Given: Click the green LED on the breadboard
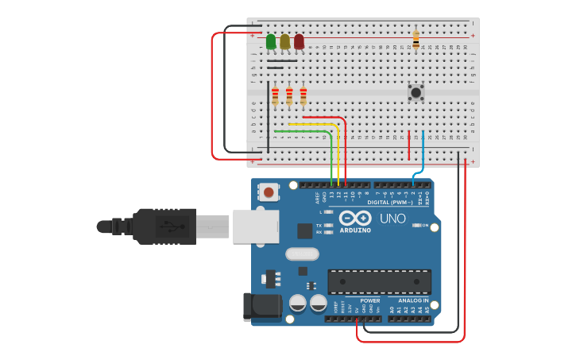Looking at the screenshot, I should [x=271, y=41].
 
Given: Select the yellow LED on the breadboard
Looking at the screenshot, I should [x=284, y=41].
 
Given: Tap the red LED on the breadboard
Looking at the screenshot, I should [x=299, y=41].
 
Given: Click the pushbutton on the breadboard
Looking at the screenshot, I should [x=416, y=92].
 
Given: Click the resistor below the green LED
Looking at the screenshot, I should [x=275, y=95].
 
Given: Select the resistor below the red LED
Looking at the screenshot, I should [x=303, y=95].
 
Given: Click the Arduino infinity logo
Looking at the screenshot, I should [x=354, y=218].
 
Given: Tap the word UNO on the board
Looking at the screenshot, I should [x=392, y=219].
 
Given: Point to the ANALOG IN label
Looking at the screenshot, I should [x=413, y=300].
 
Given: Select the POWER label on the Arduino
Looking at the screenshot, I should [x=369, y=300].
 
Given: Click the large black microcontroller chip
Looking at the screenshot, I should [x=379, y=281].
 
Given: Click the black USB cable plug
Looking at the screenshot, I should [x=163, y=226].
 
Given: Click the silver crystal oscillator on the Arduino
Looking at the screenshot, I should [x=302, y=254].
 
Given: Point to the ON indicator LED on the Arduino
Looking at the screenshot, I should [x=416, y=226].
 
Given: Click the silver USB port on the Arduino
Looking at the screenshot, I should [x=254, y=226].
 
